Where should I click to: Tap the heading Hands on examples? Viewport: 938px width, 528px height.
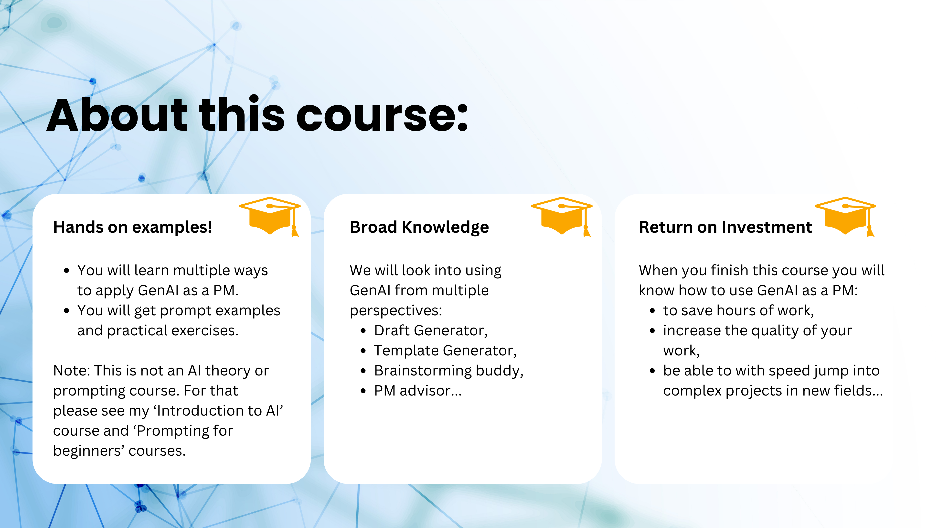click(x=133, y=227)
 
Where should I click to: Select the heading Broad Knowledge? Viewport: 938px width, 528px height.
click(x=419, y=227)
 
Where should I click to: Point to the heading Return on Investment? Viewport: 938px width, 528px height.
click(x=725, y=227)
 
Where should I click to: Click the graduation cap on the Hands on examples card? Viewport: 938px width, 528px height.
click(x=270, y=216)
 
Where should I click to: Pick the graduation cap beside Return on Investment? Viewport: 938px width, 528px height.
click(x=845, y=216)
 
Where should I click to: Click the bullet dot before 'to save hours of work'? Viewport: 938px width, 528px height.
click(x=652, y=311)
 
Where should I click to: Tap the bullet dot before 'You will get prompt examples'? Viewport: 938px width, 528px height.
click(x=66, y=311)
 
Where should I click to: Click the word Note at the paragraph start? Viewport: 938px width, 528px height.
click(x=71, y=371)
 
